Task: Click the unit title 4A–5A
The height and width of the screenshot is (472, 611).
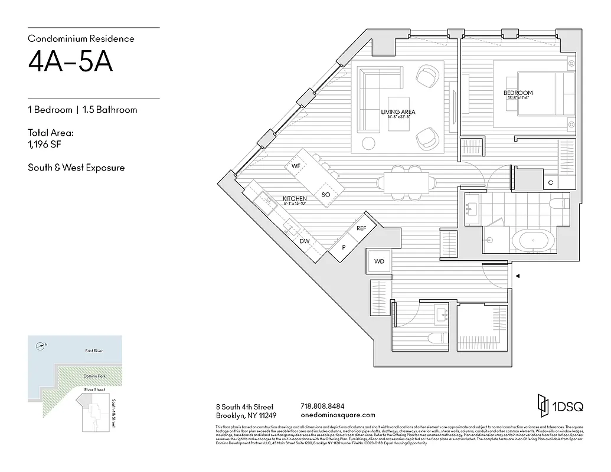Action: [70, 63]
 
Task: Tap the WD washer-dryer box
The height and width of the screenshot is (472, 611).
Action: [378, 261]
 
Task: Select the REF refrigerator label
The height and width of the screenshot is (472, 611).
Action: [361, 228]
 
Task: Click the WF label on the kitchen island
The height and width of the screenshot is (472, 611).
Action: [296, 166]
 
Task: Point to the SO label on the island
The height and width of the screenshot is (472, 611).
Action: [325, 195]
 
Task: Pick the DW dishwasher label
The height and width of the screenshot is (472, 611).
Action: [304, 241]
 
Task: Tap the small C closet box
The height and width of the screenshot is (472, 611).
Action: [550, 183]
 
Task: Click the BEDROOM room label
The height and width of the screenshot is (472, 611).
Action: [518, 93]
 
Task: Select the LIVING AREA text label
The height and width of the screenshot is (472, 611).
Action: [398, 112]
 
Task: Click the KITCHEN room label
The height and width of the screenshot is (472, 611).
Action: [294, 199]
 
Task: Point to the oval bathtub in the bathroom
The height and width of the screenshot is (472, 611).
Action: [533, 241]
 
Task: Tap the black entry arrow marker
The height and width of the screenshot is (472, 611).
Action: [518, 276]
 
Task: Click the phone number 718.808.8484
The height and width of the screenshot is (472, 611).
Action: [322, 406]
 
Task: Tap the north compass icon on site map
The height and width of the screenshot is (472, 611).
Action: [40, 346]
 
